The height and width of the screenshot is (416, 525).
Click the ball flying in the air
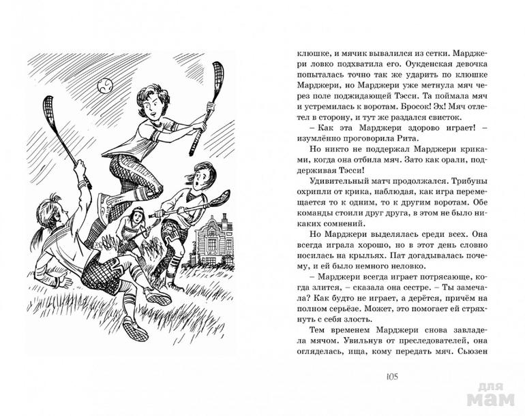(x=104, y=86)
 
